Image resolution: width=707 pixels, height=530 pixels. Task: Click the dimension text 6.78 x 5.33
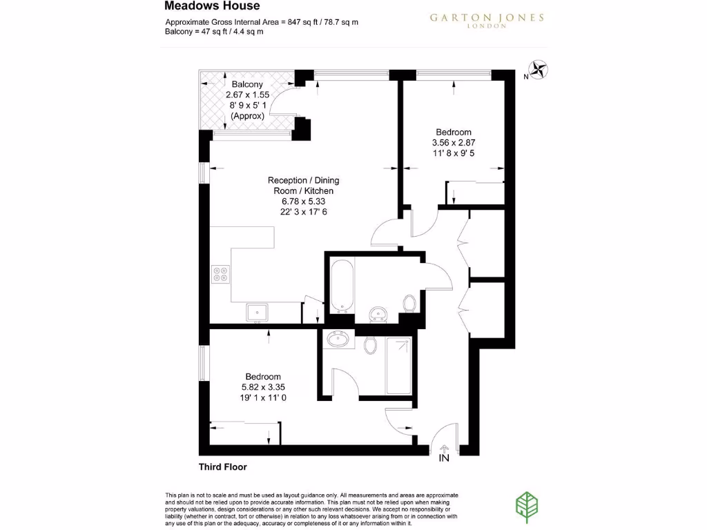[303, 202]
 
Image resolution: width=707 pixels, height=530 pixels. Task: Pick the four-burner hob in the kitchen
[221, 275]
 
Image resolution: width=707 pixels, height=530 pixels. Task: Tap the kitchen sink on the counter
[257, 312]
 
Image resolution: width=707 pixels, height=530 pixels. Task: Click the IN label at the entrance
[443, 458]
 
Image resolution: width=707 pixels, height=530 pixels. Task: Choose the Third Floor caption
[222, 467]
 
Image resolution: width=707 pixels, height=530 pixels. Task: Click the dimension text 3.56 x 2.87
[454, 144]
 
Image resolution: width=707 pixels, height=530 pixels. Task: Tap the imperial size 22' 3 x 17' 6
[303, 212]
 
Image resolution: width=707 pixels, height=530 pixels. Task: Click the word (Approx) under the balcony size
[246, 117]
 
